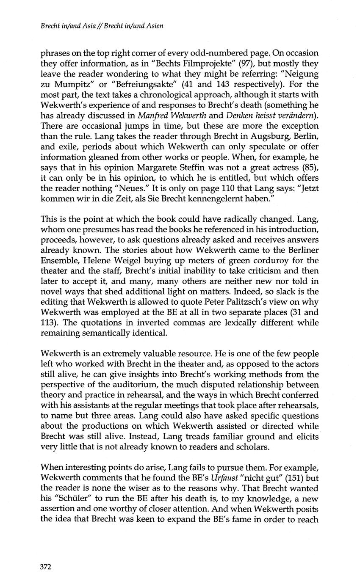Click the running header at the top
[102, 26]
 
